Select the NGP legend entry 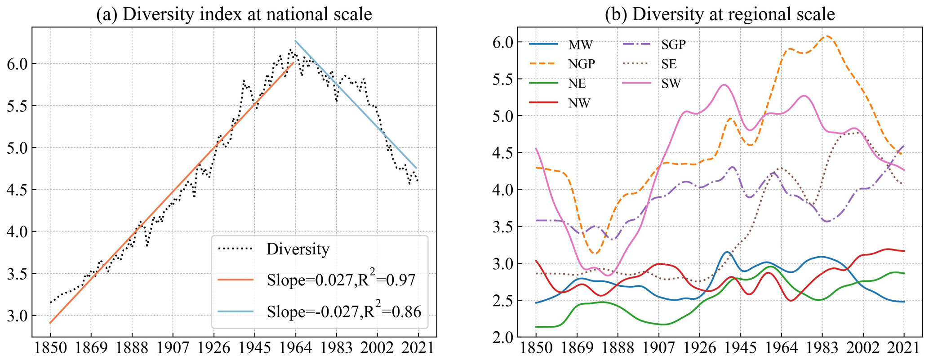tap(581, 64)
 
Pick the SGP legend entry tap(673, 44)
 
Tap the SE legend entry tap(669, 64)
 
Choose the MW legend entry tap(580, 44)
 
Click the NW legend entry tap(579, 103)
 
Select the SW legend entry tap(671, 83)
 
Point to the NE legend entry tap(577, 83)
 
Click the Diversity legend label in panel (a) tap(298, 249)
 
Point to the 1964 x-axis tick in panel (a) tap(295, 349)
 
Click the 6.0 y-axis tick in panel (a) tap(18, 64)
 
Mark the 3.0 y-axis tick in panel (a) tap(18, 316)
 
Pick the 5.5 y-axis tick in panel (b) tap(503, 79)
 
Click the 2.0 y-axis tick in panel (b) tap(503, 337)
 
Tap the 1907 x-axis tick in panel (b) tap(658, 349)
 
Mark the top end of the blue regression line tap(295, 41)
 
